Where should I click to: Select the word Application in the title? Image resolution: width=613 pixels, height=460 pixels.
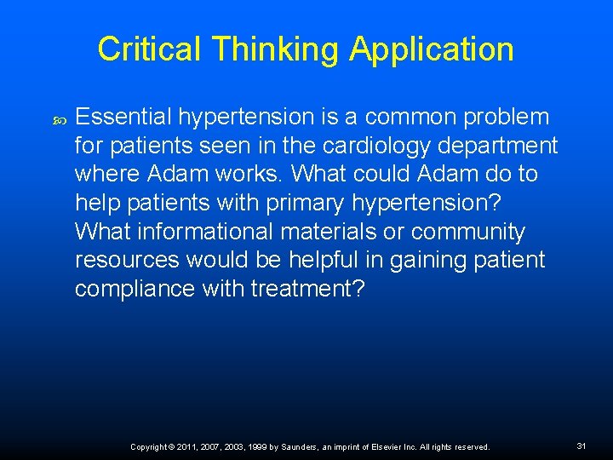[x=432, y=49]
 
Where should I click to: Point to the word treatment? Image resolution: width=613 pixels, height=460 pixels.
[x=307, y=289]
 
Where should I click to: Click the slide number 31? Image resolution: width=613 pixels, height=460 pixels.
[x=581, y=446]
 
